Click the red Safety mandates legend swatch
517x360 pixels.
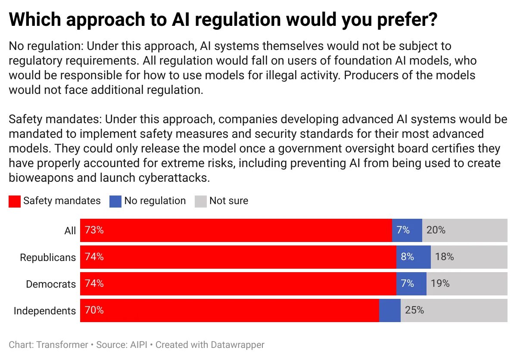point(15,201)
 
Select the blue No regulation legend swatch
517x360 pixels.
point(115,201)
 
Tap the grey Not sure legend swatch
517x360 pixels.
point(201,201)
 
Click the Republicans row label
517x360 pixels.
point(48,258)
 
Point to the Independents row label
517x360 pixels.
point(45,311)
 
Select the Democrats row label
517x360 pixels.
point(51,284)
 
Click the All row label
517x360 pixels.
point(70,231)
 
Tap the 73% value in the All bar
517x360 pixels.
point(94,230)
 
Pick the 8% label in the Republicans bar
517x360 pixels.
point(407,257)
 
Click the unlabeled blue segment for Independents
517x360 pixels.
point(389,310)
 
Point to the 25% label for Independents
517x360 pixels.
point(414,310)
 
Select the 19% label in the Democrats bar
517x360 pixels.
point(440,284)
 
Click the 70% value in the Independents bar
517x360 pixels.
point(94,310)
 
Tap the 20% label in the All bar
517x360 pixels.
point(436,230)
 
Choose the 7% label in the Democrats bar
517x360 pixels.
point(407,284)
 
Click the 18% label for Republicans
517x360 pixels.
point(445,257)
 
